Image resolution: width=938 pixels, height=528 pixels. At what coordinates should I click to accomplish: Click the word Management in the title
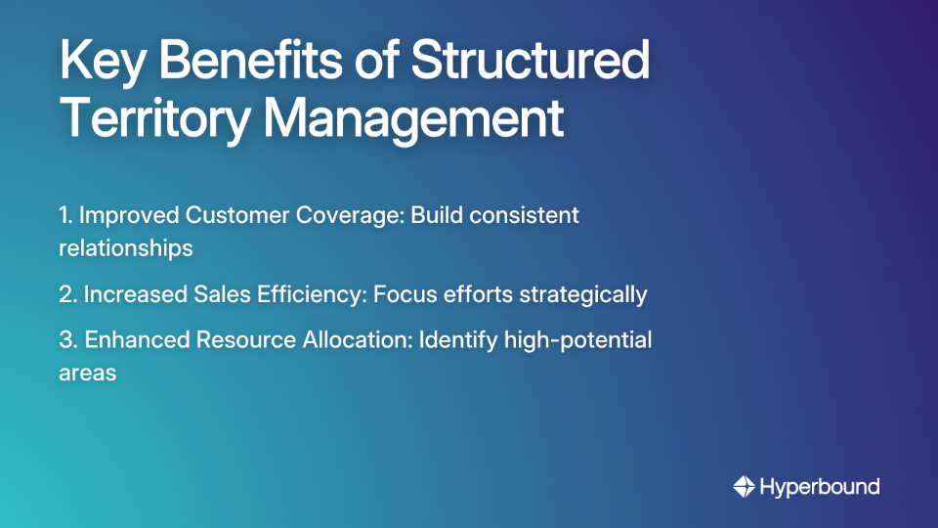point(414,119)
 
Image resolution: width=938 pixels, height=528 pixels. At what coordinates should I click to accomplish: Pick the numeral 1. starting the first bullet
point(66,215)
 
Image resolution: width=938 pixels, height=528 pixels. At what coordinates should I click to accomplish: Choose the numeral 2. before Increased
point(68,293)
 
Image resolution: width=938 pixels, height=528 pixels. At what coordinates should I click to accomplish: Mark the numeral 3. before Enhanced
point(69,340)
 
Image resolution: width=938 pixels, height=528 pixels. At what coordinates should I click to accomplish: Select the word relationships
point(126,247)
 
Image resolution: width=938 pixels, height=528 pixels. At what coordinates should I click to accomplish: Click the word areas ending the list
point(88,373)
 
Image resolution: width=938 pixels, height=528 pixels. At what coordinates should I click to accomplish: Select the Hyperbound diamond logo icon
point(744,486)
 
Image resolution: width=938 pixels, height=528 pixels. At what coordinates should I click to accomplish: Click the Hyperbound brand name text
point(820,486)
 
